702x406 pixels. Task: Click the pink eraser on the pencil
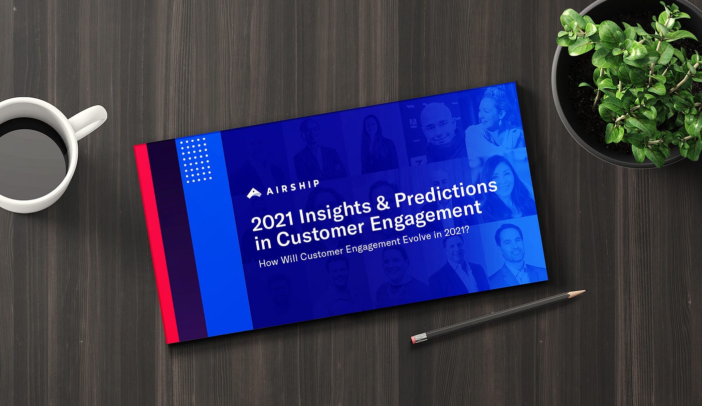tap(414, 340)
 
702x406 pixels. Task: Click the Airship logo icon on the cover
tap(254, 193)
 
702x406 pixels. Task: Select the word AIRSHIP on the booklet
tap(293, 187)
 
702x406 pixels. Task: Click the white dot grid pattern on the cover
tap(195, 160)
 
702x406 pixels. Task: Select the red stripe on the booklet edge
tap(156, 243)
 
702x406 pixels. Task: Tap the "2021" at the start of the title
tap(273, 222)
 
